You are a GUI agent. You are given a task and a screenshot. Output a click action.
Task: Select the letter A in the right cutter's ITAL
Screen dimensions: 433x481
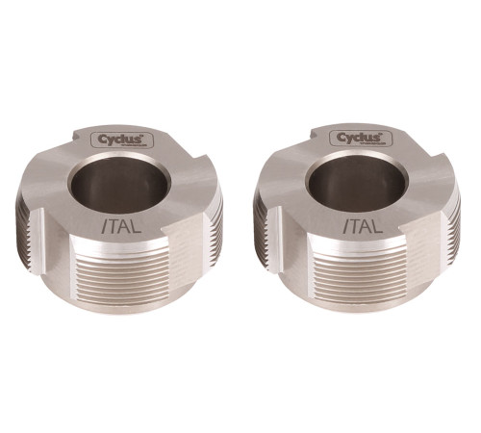click(361, 228)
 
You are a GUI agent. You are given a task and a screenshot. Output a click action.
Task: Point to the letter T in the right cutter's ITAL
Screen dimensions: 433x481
click(350, 228)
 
